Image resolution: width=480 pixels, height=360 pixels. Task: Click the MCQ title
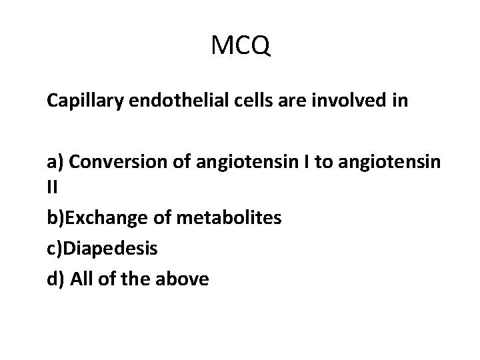pyautogui.click(x=240, y=47)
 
